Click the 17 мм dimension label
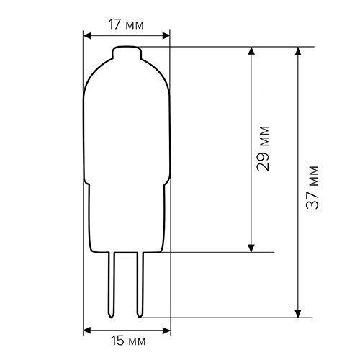(x=126, y=24)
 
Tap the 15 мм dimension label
(x=128, y=341)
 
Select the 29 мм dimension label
(x=263, y=148)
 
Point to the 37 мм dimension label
(x=312, y=187)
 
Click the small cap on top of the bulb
(x=127, y=53)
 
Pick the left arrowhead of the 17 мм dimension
(x=87, y=36)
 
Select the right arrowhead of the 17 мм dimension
(x=166, y=36)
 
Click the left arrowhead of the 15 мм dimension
(x=87, y=330)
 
